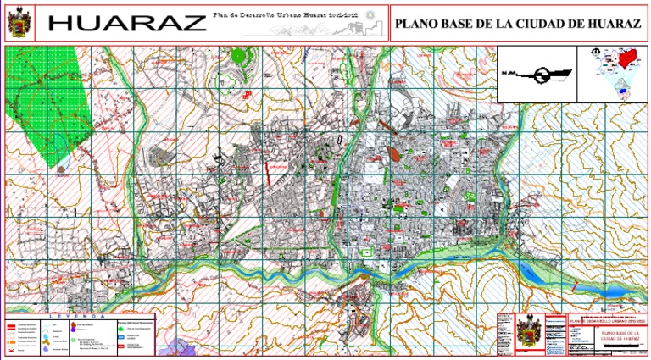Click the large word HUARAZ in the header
tap(123, 23)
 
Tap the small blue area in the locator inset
tap(626, 88)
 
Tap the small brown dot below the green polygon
tap(61, 169)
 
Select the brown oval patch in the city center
tap(393, 154)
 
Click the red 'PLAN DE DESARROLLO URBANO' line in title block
tap(607, 322)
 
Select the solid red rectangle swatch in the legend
tap(12, 324)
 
